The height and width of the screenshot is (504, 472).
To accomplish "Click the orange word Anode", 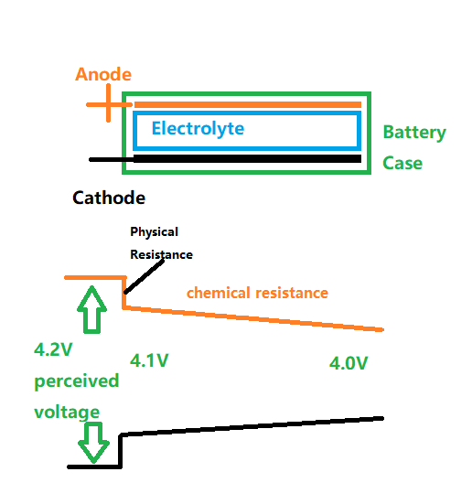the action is (x=103, y=74).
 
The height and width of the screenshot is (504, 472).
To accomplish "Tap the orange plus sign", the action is (x=108, y=104).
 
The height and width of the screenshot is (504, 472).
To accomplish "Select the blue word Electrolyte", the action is (x=198, y=129).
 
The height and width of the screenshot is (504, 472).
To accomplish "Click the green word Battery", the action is (x=414, y=133).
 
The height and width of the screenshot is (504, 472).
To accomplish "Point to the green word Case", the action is (x=402, y=163).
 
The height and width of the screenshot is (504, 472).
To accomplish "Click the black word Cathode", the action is (x=109, y=198).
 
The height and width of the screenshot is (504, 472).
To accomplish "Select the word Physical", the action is (x=154, y=232).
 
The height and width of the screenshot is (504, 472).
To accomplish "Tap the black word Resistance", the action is (x=161, y=254).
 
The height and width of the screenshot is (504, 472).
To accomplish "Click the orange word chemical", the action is (x=219, y=293).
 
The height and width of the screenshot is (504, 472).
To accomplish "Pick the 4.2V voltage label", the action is (x=53, y=349).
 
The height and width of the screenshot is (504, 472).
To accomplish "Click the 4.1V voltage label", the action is (x=149, y=360).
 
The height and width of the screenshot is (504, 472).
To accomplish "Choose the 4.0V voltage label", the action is (x=349, y=363).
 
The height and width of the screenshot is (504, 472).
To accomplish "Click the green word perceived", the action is (x=77, y=381).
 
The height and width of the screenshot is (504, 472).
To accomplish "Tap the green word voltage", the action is (x=67, y=413).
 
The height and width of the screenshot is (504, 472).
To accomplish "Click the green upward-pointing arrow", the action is (x=92, y=309).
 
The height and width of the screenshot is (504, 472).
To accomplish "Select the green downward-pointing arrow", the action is (x=93, y=443).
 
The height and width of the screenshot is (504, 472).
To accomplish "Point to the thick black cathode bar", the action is (x=247, y=158).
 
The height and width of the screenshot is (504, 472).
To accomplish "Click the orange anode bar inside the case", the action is (x=248, y=104).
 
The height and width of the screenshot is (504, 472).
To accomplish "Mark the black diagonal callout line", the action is (x=145, y=276).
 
